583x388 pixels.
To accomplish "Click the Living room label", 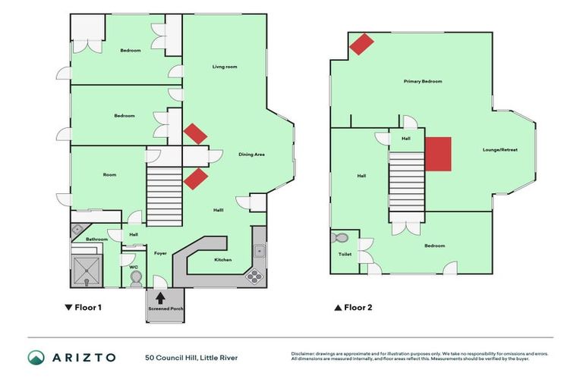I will pyautogui.click(x=225, y=67).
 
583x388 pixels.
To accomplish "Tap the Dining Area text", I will pyautogui.click(x=251, y=155).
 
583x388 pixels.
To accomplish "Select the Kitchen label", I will pyautogui.click(x=222, y=260).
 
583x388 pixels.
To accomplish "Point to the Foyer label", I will pyautogui.click(x=160, y=253).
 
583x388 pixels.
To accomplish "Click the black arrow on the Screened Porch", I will pyautogui.click(x=160, y=299).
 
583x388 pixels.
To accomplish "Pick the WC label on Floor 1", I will pyautogui.click(x=134, y=267).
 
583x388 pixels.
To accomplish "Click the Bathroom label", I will pyautogui.click(x=96, y=239).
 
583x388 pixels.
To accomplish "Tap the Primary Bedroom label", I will pyautogui.click(x=423, y=81).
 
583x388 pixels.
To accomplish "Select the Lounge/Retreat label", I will pyautogui.click(x=500, y=150).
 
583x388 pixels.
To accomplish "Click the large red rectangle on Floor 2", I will pyautogui.click(x=438, y=154).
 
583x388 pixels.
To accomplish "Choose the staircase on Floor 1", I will pyautogui.click(x=164, y=196).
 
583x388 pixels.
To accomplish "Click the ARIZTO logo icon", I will pyautogui.click(x=36, y=357).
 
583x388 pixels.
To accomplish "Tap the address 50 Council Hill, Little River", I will pyautogui.click(x=191, y=357).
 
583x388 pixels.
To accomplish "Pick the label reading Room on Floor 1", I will pyautogui.click(x=109, y=175).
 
